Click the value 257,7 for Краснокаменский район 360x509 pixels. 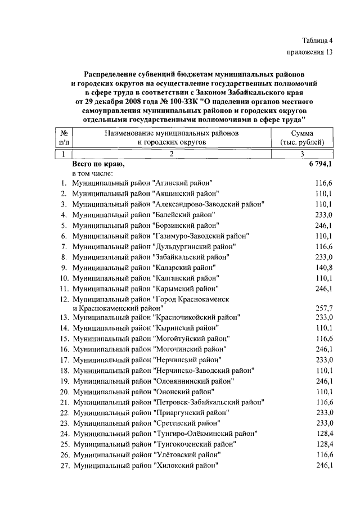click(325, 309)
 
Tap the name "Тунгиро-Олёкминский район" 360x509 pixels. click(205, 433)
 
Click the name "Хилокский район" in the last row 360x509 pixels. click(185, 465)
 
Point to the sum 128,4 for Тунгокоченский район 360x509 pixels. click(325, 444)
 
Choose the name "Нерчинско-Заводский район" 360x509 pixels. click(204, 371)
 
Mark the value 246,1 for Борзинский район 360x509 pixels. click(325, 225)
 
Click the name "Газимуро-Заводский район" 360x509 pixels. click(200, 236)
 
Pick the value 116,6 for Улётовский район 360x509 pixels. click(325, 454)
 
